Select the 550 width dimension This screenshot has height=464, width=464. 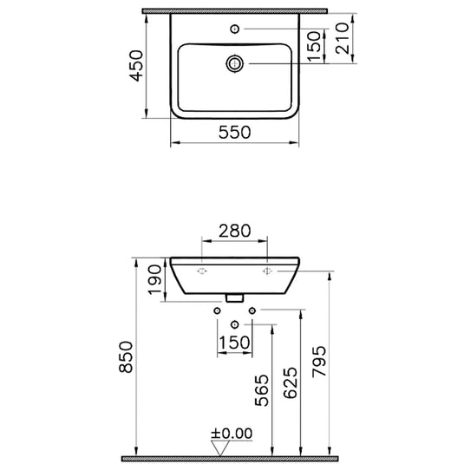[234, 132]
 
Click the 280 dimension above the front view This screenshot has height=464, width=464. [234, 231]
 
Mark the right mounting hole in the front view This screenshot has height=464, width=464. [266, 271]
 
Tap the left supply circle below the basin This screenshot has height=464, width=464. [217, 310]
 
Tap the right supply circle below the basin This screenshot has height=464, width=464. [252, 310]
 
